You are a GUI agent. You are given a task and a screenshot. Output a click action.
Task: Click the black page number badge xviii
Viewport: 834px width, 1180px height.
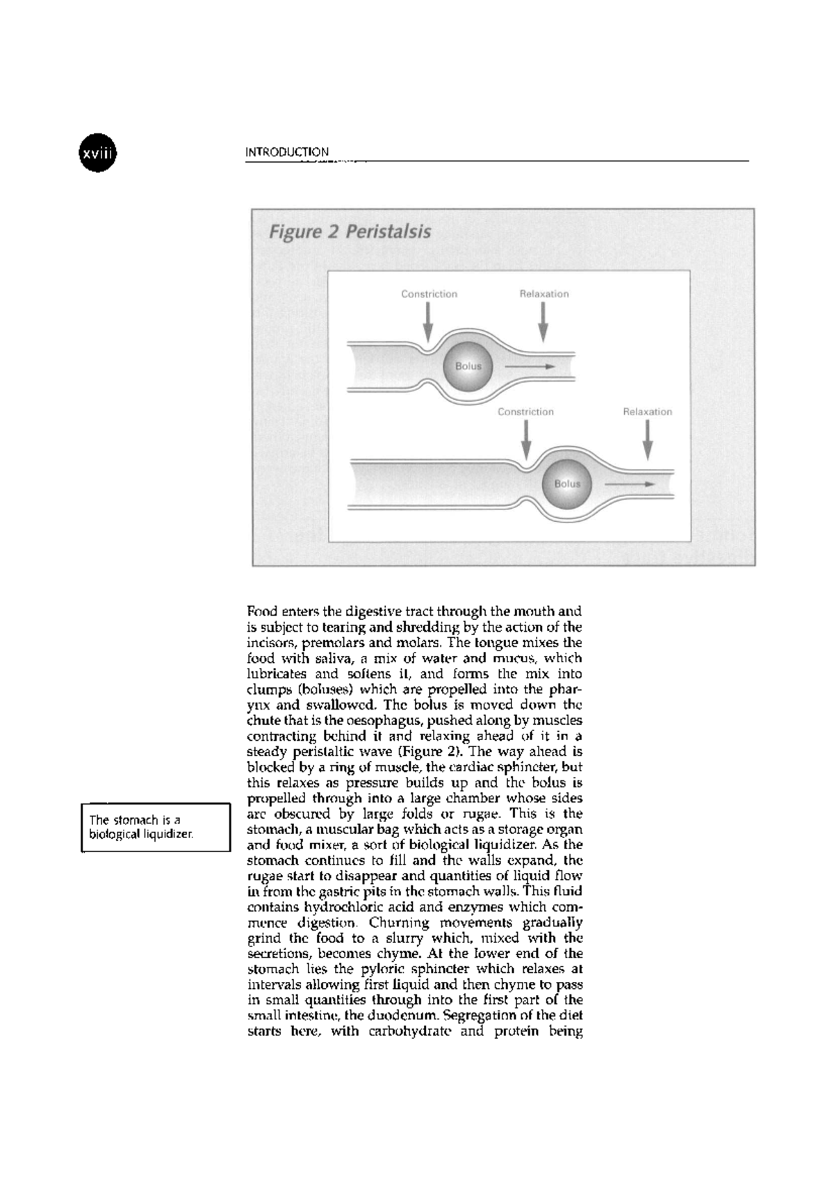click(97, 152)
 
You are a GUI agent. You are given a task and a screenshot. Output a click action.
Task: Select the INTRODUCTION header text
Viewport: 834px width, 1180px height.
click(287, 152)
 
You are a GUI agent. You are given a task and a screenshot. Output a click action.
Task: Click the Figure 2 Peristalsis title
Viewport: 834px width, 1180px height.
click(350, 231)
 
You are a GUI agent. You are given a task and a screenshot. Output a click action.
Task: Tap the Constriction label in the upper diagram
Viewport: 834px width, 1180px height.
click(429, 294)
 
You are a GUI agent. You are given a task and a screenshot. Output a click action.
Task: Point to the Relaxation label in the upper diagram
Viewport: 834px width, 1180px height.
click(544, 294)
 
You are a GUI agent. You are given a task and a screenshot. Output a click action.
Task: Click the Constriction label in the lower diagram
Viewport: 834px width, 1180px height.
click(525, 412)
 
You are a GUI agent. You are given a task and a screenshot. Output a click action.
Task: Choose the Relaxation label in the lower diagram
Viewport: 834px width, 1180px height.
click(647, 412)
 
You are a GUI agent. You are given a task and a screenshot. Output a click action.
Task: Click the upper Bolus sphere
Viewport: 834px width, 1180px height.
click(468, 366)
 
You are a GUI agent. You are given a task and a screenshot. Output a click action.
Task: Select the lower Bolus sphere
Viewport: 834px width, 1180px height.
click(566, 484)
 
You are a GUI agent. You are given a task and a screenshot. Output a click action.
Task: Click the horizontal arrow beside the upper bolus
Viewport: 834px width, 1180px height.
click(530, 366)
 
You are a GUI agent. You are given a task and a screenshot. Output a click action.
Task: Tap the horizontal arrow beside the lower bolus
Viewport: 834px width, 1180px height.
click(630, 484)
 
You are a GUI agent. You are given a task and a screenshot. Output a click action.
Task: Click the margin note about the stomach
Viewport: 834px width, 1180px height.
click(155, 827)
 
